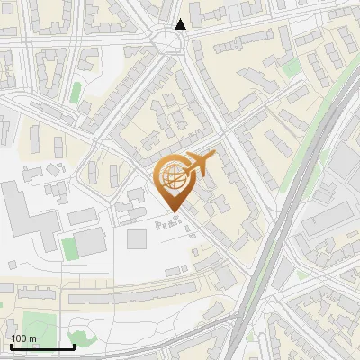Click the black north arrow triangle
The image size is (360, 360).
[x=181, y=24]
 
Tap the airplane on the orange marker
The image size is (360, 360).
[x=200, y=163]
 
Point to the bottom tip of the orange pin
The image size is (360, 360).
[x=173, y=211]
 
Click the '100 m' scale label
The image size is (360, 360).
[x=24, y=338]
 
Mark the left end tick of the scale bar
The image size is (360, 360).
[x=11, y=346]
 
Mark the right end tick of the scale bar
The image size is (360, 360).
[x=74, y=346]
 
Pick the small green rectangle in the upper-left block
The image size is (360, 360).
[x=76, y=92]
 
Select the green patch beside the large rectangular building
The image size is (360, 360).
[x=68, y=247]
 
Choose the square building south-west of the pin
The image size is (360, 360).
[x=137, y=238]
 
